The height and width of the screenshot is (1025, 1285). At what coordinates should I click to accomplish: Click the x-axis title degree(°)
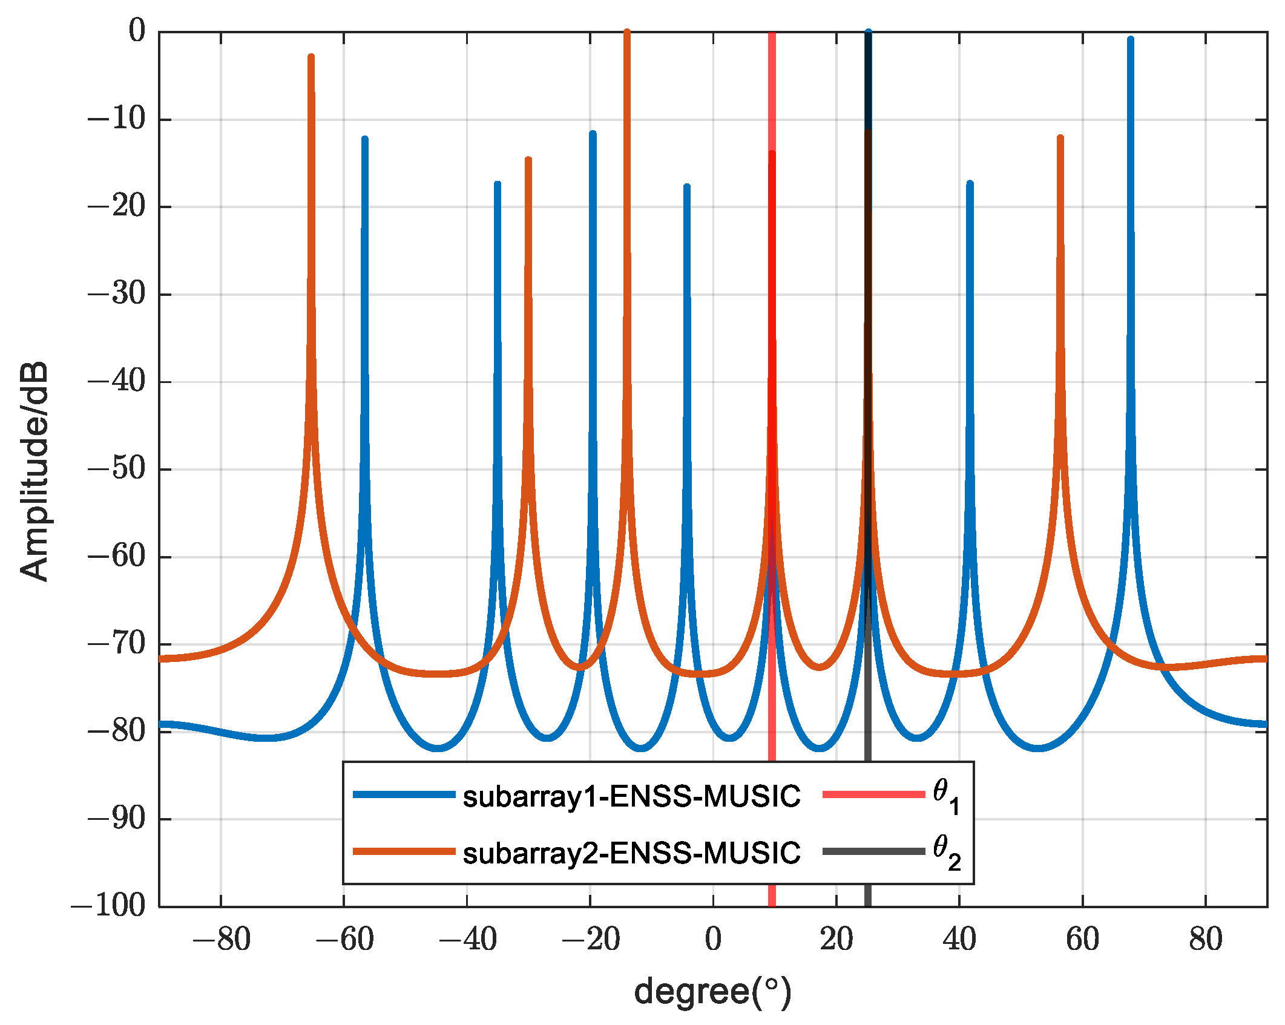(712, 991)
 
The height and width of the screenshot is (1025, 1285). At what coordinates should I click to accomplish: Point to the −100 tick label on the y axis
(110, 906)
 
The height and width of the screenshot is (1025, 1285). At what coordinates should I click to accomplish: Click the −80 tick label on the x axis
(221, 939)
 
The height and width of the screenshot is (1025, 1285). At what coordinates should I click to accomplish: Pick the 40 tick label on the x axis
(959, 939)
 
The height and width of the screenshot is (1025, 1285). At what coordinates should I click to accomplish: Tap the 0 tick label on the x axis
(713, 939)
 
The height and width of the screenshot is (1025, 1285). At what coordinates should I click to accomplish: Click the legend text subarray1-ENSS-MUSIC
(631, 796)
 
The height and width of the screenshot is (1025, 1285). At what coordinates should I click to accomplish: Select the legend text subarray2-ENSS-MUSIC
(631, 853)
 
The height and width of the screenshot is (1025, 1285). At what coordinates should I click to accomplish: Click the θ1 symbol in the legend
(946, 796)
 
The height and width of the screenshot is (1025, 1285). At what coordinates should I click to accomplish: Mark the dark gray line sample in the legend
(873, 851)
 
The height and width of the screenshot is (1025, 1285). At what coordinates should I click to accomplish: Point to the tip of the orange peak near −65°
(311, 57)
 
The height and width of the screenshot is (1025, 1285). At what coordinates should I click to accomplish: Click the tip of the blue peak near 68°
(1130, 39)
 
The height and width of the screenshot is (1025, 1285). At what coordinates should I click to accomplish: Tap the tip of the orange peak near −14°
(627, 31)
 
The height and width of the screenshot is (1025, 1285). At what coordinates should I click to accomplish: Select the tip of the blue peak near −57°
(364, 139)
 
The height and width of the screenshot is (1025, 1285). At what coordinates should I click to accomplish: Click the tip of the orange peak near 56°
(1060, 138)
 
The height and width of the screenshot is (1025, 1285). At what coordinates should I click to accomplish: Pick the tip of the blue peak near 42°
(970, 183)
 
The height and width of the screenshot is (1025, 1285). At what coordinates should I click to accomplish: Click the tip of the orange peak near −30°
(528, 160)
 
